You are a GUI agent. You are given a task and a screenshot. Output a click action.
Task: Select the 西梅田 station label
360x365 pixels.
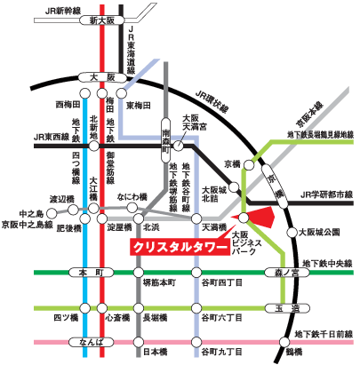[x=68, y=105]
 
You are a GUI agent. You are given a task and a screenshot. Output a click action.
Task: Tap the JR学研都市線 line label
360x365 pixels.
[x=326, y=194]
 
